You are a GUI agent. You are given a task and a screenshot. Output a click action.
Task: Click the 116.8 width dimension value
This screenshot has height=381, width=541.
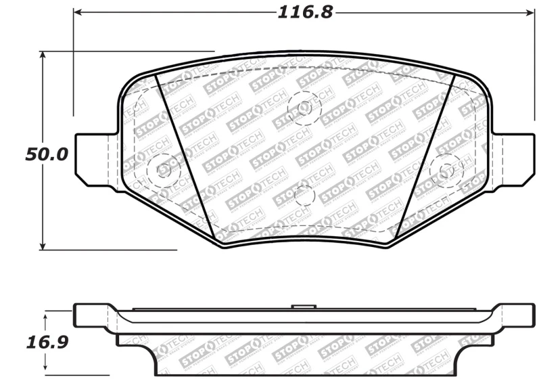(305, 12)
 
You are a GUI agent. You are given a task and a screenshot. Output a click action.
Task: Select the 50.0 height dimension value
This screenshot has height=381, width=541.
(47, 154)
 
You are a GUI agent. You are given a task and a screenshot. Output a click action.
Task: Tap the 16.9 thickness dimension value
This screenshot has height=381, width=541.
(47, 342)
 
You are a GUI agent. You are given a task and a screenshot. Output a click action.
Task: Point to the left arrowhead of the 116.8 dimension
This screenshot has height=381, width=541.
(78, 12)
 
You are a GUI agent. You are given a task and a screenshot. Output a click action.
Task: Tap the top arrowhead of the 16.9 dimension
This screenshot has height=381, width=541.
(47, 315)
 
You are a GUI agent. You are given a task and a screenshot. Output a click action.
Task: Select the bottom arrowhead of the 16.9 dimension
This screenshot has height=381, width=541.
(47, 371)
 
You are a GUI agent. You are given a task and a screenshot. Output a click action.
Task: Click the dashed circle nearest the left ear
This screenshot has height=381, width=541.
(163, 169)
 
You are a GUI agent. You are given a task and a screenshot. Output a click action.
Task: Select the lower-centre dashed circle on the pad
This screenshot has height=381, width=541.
(304, 196)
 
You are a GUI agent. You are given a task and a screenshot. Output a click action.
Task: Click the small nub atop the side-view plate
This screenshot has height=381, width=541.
(304, 308)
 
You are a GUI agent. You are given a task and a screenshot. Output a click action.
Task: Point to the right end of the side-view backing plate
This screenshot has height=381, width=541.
(523, 315)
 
